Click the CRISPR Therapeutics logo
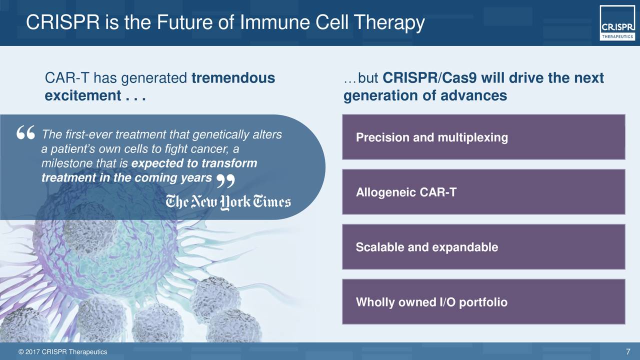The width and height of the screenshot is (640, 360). point(617,23)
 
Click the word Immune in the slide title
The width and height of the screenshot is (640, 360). point(274,22)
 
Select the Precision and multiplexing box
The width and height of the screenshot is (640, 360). point(483,137)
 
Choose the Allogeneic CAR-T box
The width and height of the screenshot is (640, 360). point(483,192)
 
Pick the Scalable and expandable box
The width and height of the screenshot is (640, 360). point(483,247)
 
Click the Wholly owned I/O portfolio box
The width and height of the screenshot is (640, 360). point(483,301)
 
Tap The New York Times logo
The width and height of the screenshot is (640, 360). point(228,202)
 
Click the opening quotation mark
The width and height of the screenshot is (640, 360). point(25,132)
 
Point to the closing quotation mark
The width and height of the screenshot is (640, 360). point(225,181)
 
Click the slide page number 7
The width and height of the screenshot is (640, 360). point(628,351)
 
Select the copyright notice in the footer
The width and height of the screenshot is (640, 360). point(62,352)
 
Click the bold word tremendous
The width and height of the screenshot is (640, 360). point(233,78)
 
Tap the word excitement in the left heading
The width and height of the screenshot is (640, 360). point(83,95)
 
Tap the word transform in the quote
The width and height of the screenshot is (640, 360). point(229,163)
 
